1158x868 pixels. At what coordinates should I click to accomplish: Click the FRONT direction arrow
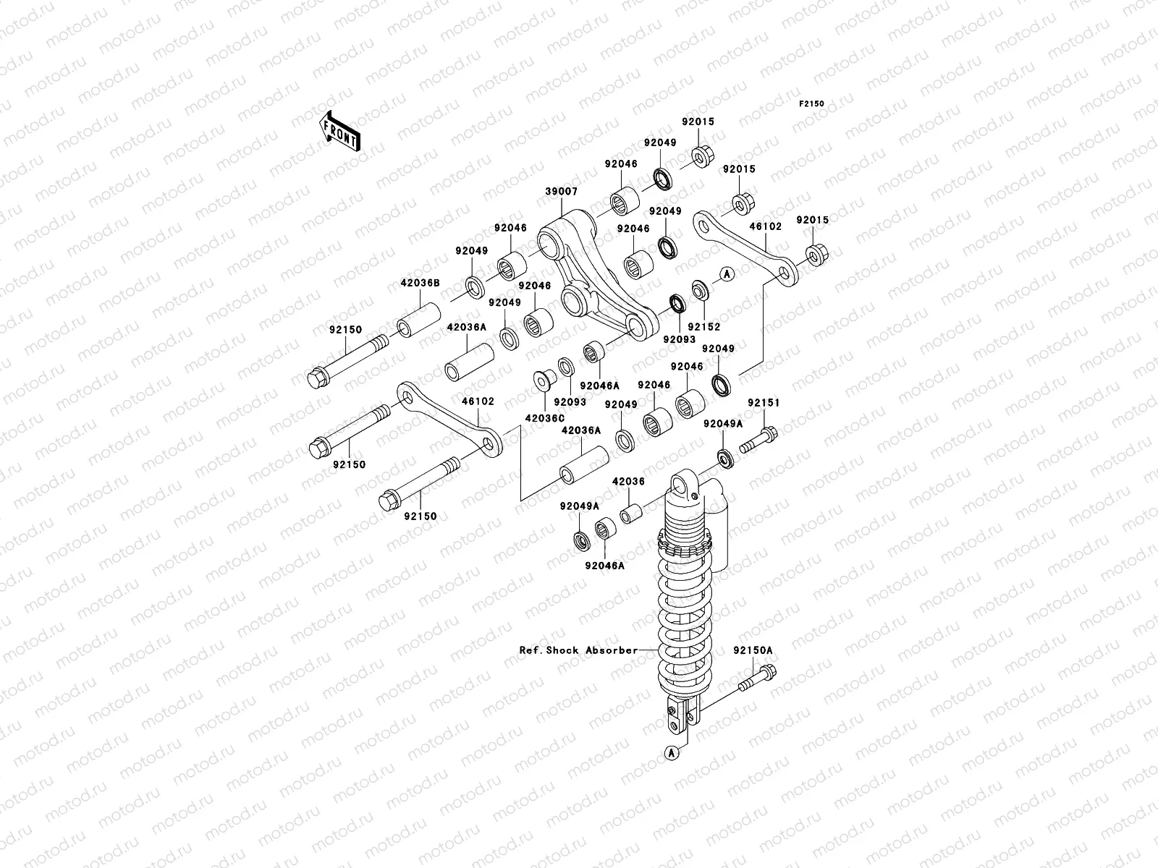340,131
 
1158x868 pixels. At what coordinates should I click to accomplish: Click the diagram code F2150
811,104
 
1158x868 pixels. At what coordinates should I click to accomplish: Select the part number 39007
562,191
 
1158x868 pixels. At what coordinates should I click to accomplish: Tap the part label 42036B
420,283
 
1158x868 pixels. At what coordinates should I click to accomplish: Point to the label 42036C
545,418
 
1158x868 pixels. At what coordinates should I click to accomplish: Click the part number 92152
704,327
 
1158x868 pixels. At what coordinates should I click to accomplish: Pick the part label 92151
764,403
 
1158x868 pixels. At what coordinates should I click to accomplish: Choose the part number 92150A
753,650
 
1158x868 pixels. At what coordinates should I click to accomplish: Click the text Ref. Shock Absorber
579,650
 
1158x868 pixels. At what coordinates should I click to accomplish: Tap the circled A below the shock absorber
672,753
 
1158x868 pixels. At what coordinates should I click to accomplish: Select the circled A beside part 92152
727,274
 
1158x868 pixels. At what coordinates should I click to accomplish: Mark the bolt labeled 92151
758,441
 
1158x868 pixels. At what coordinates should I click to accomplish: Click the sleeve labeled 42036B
419,320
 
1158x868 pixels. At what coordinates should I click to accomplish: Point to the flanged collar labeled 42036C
545,380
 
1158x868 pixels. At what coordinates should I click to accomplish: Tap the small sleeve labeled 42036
631,514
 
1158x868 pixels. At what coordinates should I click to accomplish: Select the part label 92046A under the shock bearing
604,566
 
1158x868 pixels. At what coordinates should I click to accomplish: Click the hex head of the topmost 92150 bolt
318,378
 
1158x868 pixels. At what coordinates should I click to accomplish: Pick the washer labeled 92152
700,290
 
